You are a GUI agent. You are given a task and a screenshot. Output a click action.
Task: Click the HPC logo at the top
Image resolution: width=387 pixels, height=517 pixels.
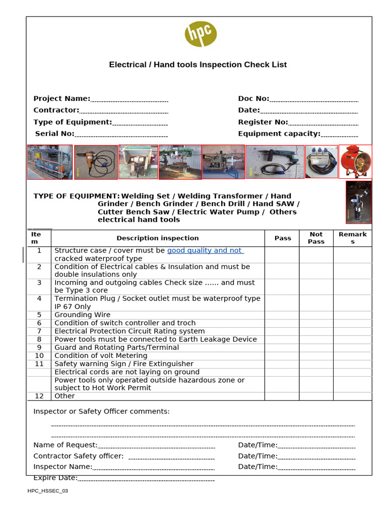tap(201, 34)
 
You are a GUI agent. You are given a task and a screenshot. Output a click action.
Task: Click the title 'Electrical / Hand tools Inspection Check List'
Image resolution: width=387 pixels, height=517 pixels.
tap(198, 65)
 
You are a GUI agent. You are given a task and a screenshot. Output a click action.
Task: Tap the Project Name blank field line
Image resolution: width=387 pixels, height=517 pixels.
tap(129, 99)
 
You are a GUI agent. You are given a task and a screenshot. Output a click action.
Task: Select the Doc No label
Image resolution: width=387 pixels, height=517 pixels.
tap(253, 99)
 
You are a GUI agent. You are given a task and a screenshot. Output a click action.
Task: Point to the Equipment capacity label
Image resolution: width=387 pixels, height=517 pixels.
tap(279, 134)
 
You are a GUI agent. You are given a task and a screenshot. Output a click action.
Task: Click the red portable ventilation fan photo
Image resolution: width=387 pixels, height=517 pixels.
tap(355, 162)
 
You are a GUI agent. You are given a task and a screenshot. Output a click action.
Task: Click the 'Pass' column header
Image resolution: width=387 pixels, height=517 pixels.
tap(282, 238)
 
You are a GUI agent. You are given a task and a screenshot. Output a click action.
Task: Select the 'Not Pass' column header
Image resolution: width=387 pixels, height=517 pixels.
tap(316, 238)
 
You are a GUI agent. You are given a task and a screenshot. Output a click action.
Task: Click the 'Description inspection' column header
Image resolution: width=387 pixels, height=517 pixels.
tap(158, 238)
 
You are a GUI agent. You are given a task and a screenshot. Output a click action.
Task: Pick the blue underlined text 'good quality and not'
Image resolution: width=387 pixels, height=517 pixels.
tap(205, 250)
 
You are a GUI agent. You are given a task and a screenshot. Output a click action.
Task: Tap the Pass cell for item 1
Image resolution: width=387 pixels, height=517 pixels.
tap(282, 254)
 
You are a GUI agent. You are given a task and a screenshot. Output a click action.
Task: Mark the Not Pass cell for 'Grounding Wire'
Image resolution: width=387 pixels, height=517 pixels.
tap(316, 315)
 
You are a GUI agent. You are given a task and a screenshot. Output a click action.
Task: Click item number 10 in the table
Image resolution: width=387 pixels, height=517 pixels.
tap(39, 355)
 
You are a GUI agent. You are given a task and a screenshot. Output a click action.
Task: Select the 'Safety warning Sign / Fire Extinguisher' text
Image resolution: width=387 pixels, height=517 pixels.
tap(123, 364)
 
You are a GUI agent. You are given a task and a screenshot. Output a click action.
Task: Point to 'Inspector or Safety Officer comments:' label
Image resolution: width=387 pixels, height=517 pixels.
tap(101, 411)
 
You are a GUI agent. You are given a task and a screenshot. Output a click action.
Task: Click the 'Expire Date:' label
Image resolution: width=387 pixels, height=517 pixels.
tap(55, 478)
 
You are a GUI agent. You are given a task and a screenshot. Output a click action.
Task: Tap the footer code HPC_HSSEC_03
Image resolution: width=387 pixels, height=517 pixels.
tap(47, 491)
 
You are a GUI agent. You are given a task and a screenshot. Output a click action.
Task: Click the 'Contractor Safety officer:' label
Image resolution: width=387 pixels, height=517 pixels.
tap(78, 456)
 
